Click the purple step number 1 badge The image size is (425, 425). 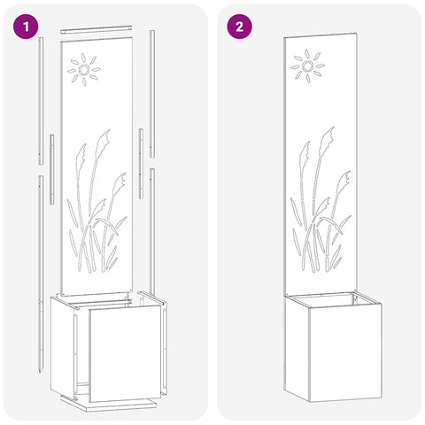coord(26,27)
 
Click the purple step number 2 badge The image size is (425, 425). coord(239,27)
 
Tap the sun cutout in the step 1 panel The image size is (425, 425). coord(84,70)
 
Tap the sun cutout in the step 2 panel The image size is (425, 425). coord(307,66)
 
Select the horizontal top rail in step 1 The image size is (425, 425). coord(97,29)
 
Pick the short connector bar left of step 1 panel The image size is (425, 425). coord(52,169)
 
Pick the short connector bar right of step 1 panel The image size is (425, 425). coord(142,164)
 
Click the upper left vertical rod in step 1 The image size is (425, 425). coord(41,101)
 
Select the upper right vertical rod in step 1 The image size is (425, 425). coord(152,94)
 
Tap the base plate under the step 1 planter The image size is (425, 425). coord(109,402)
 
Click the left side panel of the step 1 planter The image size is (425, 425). coord(62,345)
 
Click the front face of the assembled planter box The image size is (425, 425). coord(345,351)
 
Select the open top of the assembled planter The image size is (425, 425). coord(334,299)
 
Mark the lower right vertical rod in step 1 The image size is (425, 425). coord(152,232)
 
